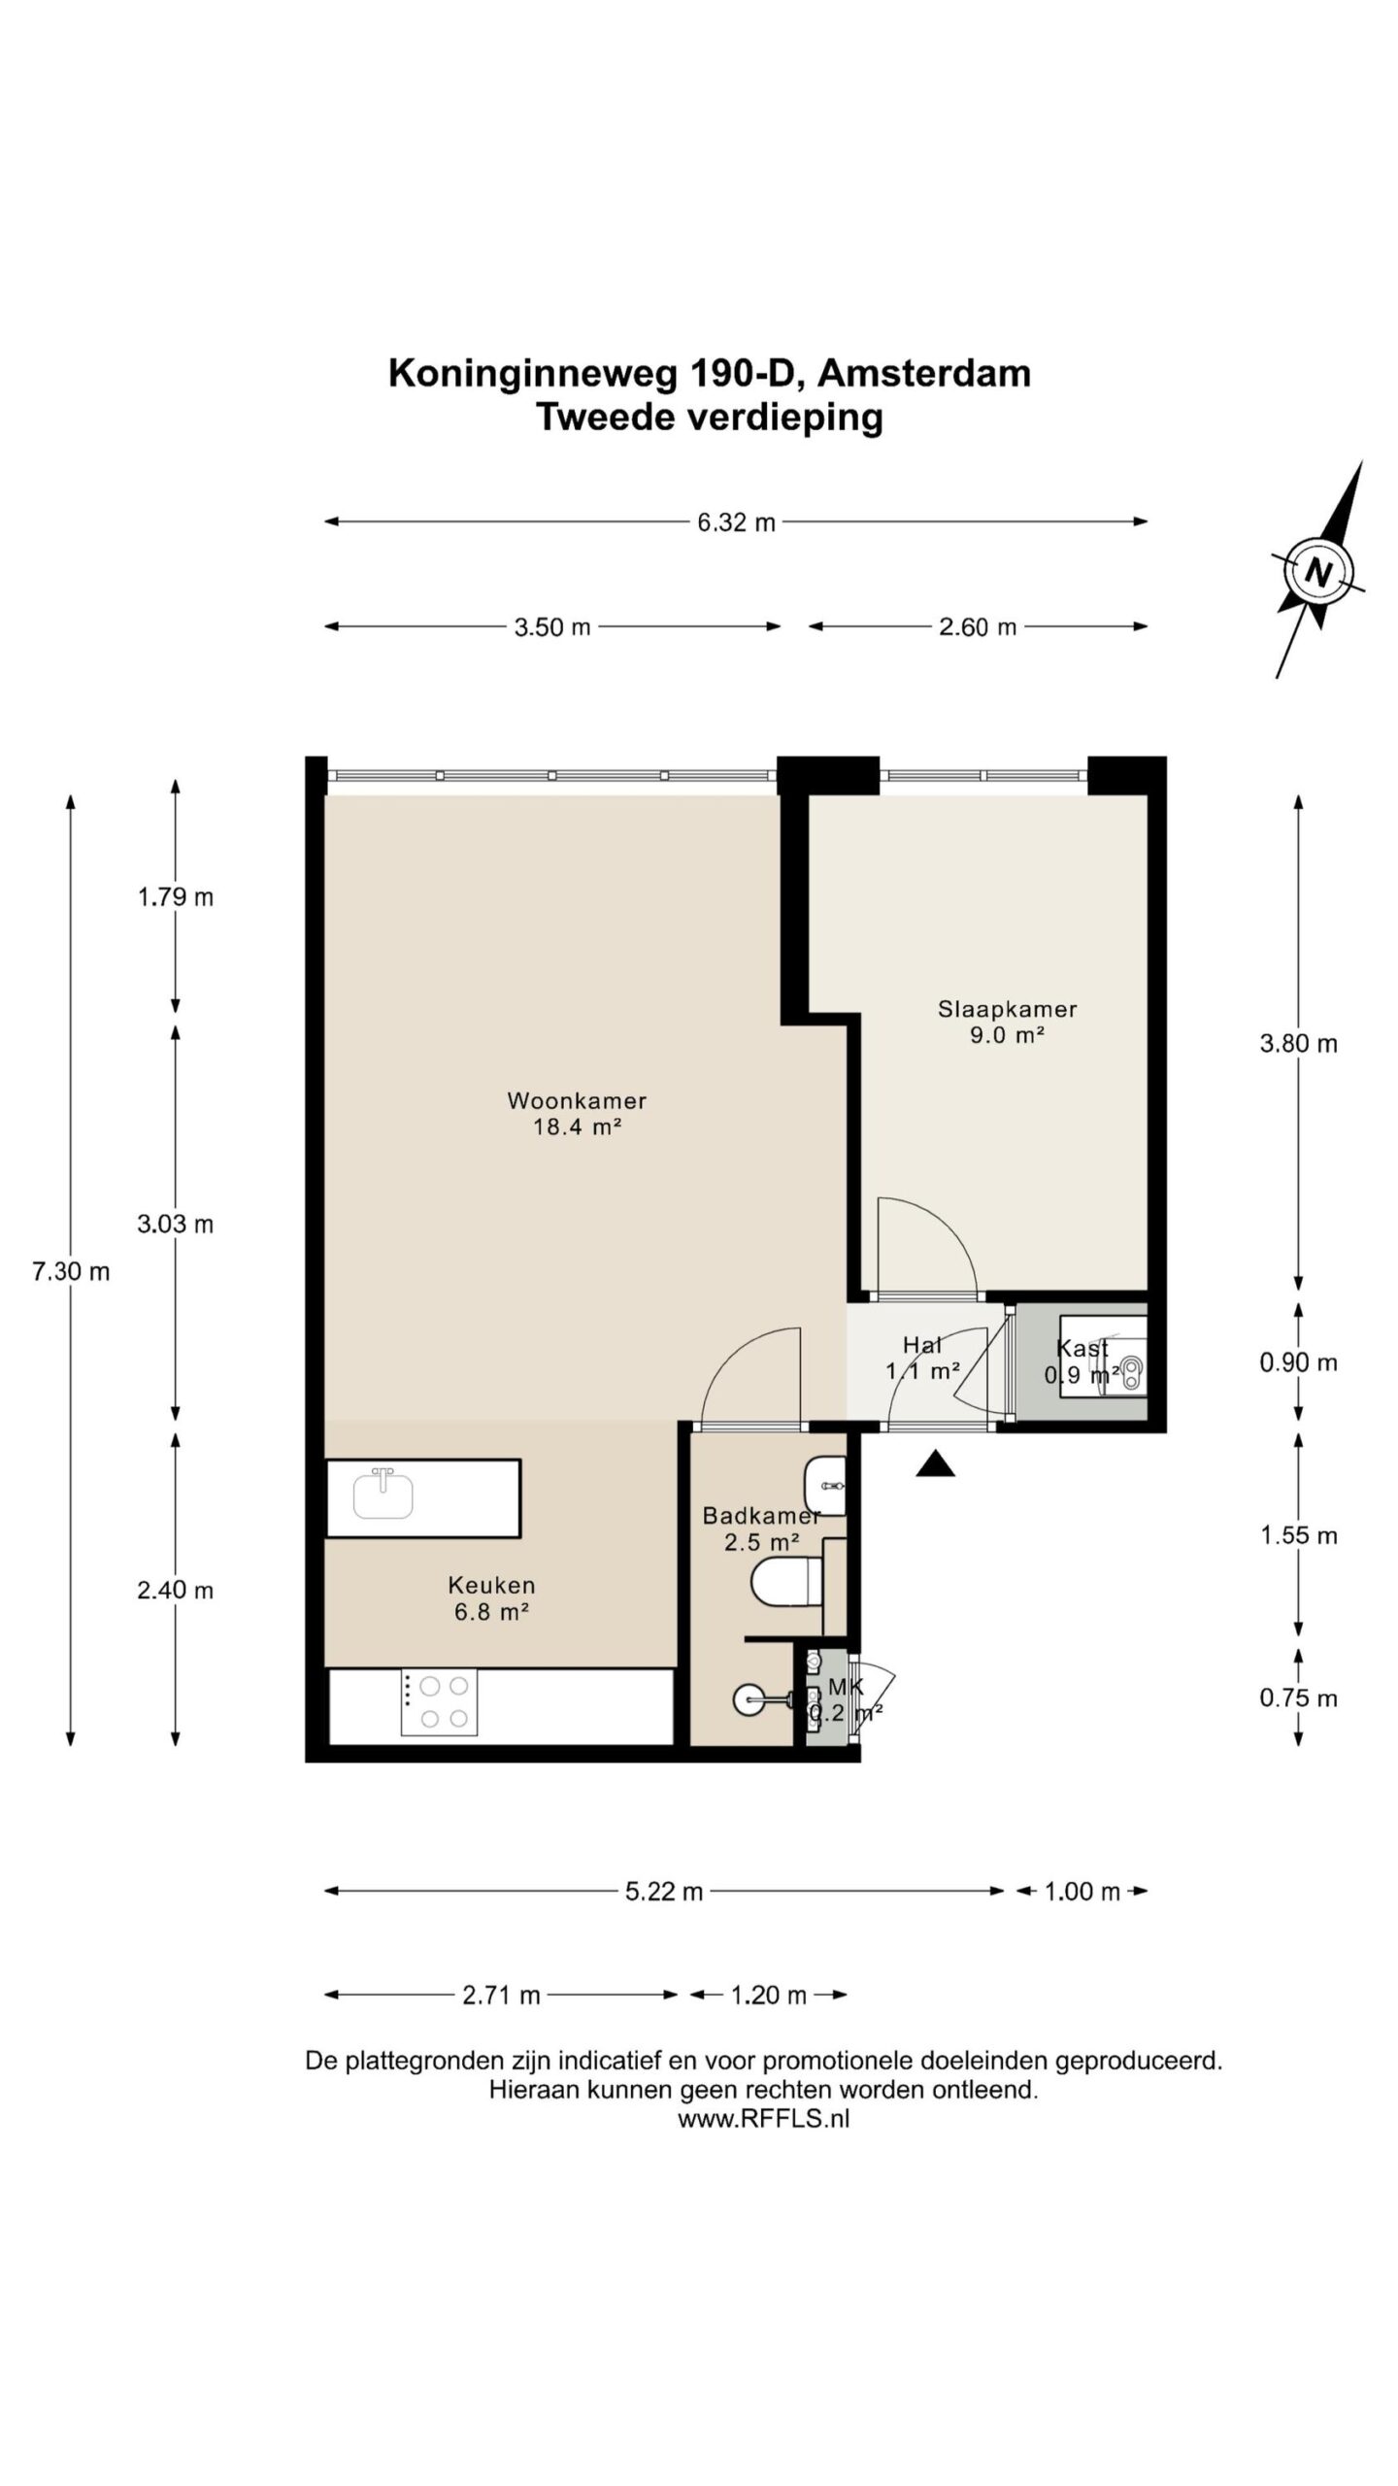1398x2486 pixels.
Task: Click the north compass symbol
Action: [x=1318, y=570]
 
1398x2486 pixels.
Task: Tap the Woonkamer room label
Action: [x=577, y=1100]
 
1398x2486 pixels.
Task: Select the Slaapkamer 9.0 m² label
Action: [x=1007, y=1022]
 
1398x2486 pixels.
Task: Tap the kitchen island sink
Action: [x=383, y=1494]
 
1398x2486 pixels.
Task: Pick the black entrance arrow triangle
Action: [x=935, y=1463]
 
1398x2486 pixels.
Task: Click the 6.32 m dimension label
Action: [x=736, y=522]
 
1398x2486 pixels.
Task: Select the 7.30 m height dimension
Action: [x=71, y=1271]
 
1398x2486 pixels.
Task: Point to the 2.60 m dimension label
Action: [x=978, y=627]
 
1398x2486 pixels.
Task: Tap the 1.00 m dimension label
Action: [x=1082, y=1891]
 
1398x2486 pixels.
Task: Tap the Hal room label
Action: [x=922, y=1345]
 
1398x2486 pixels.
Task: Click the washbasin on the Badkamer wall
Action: [x=825, y=1486]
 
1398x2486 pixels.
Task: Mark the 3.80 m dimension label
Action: [x=1299, y=1044]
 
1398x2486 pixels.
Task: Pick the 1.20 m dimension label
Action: [x=768, y=1996]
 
